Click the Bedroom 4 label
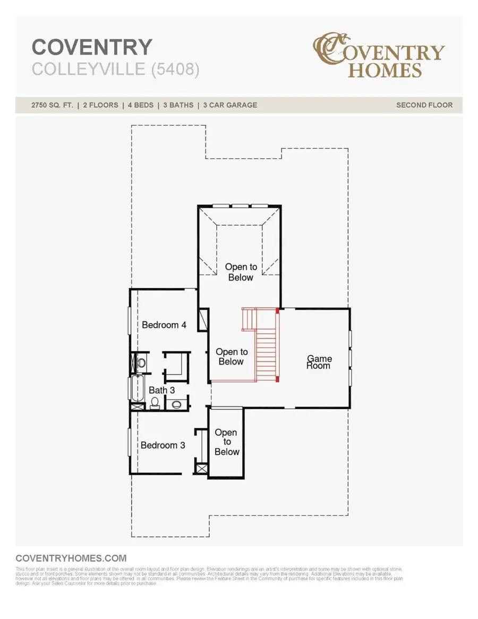coord(164,325)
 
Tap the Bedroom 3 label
coord(163,445)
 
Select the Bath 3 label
coord(161,391)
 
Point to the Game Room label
coord(318,362)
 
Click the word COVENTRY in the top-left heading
coord(92,48)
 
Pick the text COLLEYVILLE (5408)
coord(116,70)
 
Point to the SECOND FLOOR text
coord(424,105)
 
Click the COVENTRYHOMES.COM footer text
coord(71,558)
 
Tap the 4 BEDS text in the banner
coord(139,105)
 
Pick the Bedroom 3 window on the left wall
coord(129,442)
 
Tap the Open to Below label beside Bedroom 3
coord(227,443)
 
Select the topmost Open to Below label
coord(241,272)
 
